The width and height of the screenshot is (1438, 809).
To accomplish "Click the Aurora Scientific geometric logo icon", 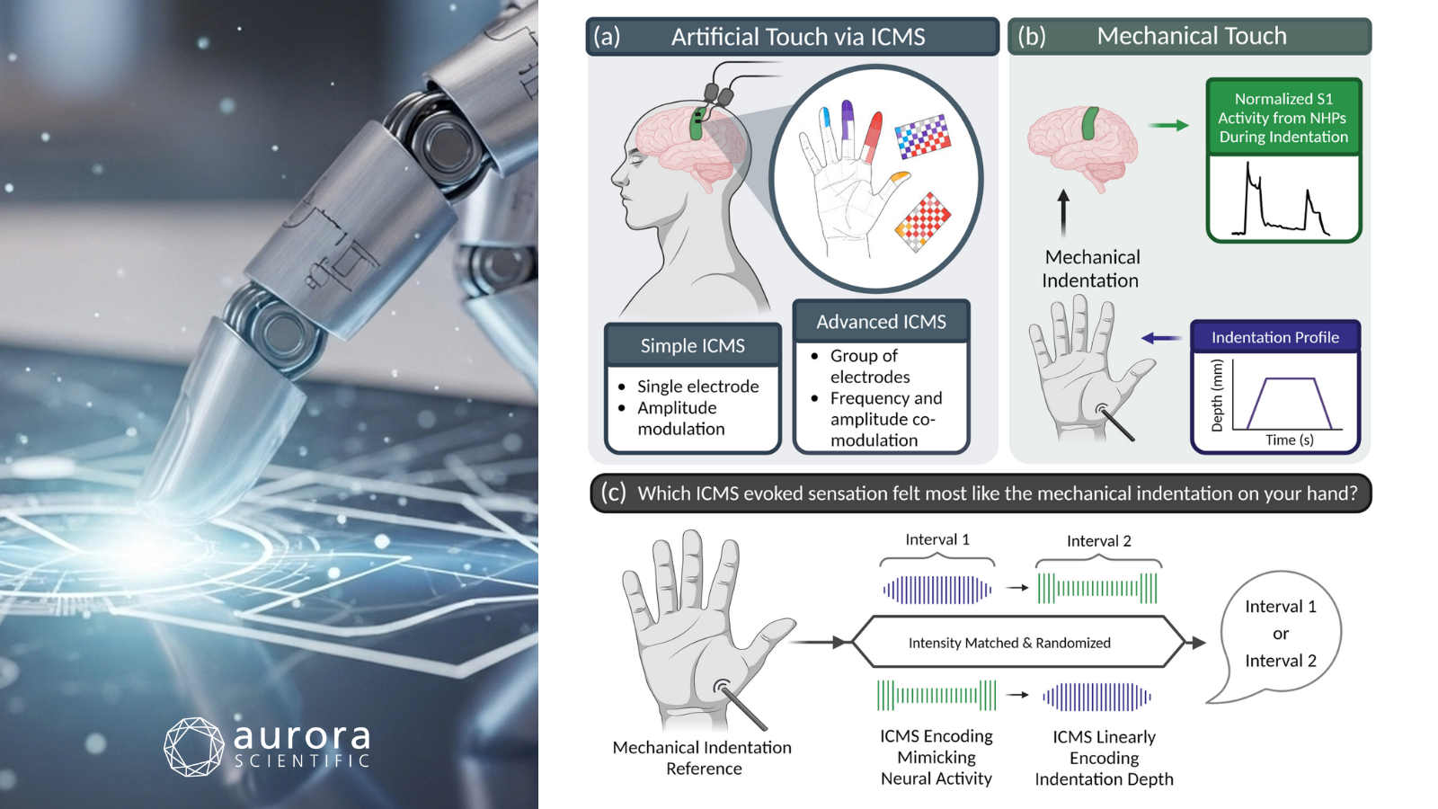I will pyautogui.click(x=193, y=746).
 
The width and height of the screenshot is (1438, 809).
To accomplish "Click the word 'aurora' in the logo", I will pyautogui.click(x=302, y=737).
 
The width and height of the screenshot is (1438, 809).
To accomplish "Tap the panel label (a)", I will pyautogui.click(x=607, y=37).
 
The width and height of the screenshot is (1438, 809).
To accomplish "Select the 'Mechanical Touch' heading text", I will pyautogui.click(x=1192, y=36).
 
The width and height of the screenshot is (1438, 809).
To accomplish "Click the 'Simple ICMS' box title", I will pyautogui.click(x=692, y=346).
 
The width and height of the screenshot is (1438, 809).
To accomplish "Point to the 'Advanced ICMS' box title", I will pyautogui.click(x=881, y=322).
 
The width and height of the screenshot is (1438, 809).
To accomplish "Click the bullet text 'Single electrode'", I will pyautogui.click(x=697, y=387).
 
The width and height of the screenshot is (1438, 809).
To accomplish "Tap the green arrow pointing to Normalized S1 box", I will pyautogui.click(x=1169, y=126).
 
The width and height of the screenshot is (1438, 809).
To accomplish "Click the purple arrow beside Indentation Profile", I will pyautogui.click(x=1161, y=338).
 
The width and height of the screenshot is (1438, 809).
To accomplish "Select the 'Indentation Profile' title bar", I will pyautogui.click(x=1274, y=337).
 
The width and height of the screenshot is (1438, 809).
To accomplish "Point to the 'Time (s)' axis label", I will pyautogui.click(x=1289, y=440).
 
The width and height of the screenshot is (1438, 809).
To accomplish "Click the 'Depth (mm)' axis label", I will pyautogui.click(x=1217, y=396).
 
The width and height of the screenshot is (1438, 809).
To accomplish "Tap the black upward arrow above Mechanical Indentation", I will pyautogui.click(x=1064, y=212).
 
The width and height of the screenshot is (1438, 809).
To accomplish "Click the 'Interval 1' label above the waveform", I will pyautogui.click(x=936, y=539).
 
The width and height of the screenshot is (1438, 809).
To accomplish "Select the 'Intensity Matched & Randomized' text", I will pyautogui.click(x=1009, y=643).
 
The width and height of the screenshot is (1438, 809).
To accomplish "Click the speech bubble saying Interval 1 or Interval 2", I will pyautogui.click(x=1280, y=634).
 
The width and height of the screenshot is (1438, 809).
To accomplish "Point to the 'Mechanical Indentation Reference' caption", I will pyautogui.click(x=702, y=758).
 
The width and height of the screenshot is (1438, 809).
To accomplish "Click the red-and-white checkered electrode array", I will pyautogui.click(x=923, y=221).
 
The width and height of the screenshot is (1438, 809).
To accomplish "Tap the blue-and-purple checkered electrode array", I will pyautogui.click(x=922, y=136).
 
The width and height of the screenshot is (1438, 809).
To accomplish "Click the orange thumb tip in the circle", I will pyautogui.click(x=899, y=179).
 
